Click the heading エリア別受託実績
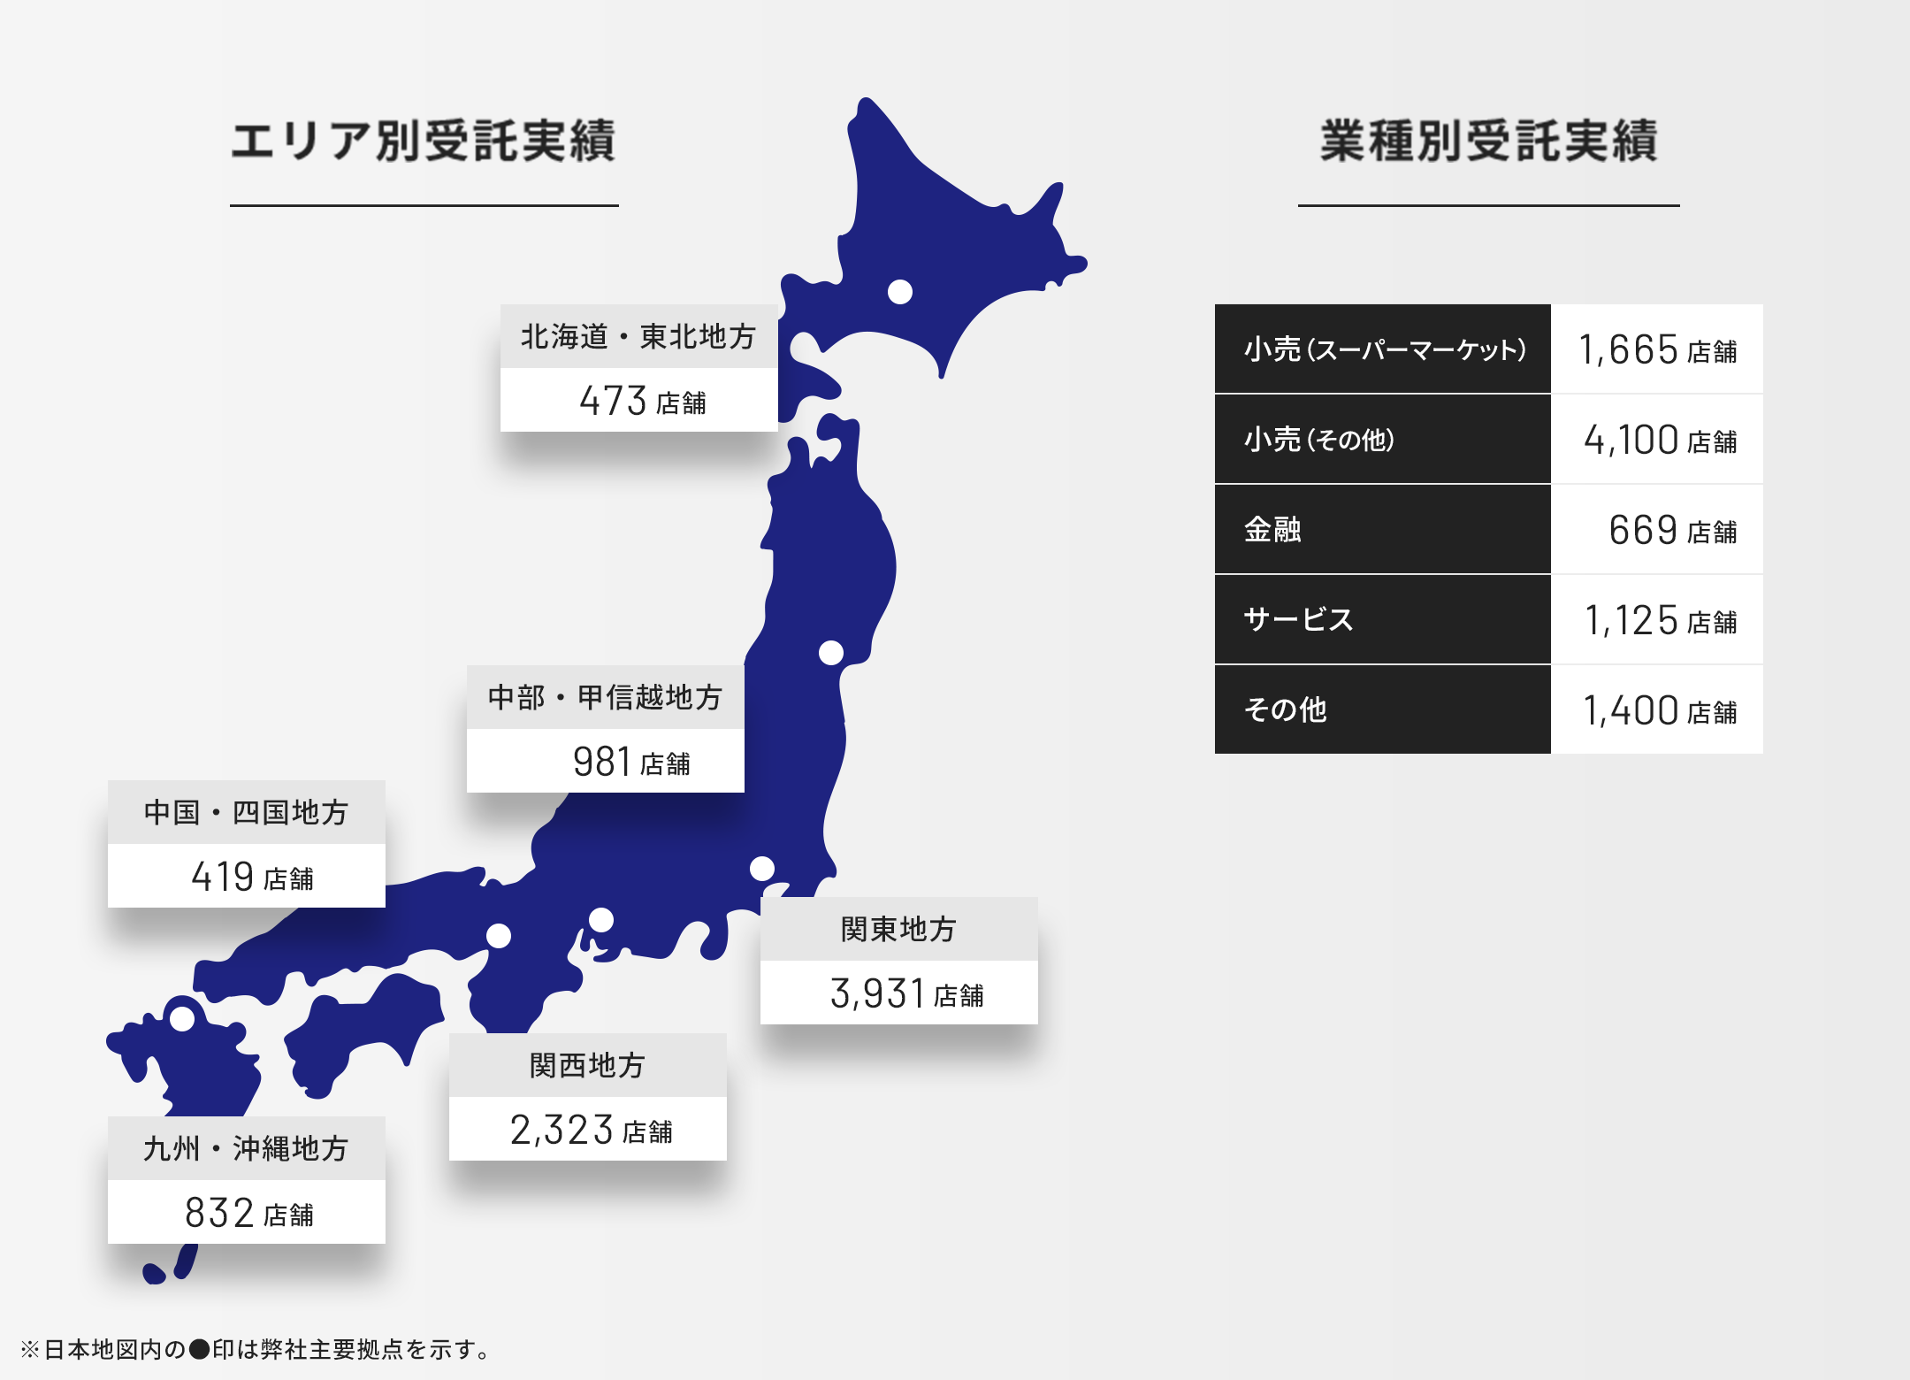tap(424, 142)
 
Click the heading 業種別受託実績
tap(1488, 142)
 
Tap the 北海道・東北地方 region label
tap(638, 337)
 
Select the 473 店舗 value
tap(642, 401)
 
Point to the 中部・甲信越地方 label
tap(606, 698)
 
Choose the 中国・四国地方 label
tap(246, 813)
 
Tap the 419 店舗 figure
tap(252, 877)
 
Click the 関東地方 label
tap(898, 930)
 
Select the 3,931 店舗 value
tap(906, 993)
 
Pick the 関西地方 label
tap(587, 1066)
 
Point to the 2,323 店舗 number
tap(591, 1130)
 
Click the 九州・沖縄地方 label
tap(246, 1149)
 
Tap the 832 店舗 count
tap(248, 1213)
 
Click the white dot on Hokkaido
tap(900, 292)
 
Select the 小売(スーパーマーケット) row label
tap(1384, 349)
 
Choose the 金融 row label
tap(1272, 530)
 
